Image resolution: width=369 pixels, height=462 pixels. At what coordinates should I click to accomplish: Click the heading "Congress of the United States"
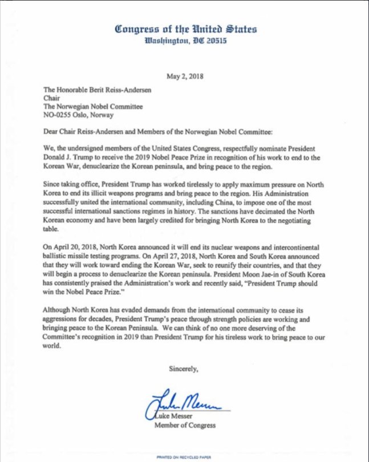[186, 29]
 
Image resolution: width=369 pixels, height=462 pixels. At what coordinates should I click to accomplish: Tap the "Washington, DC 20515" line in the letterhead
[186, 41]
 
